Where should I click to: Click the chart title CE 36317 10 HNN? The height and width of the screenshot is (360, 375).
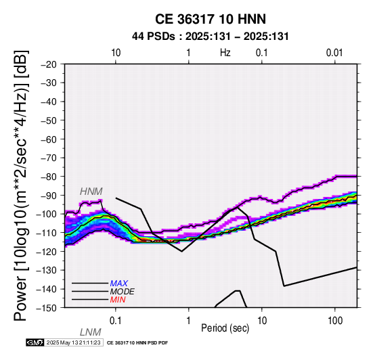pyautogui.click(x=211, y=19)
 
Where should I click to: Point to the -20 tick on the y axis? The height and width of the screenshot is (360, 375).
pyautogui.click(x=49, y=64)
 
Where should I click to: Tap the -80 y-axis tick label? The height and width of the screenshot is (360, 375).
pyautogui.click(x=49, y=177)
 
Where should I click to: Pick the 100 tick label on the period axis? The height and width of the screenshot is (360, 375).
pyautogui.click(x=335, y=321)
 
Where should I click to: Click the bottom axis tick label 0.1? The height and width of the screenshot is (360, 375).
pyautogui.click(x=116, y=321)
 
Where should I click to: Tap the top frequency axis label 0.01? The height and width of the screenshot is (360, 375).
pyautogui.click(x=334, y=53)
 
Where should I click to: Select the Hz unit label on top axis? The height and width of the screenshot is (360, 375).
pyautogui.click(x=225, y=53)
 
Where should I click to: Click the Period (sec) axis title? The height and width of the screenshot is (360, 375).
pyautogui.click(x=225, y=328)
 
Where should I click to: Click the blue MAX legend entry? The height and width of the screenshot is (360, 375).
pyautogui.click(x=119, y=284)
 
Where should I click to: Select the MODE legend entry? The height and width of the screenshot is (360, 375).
pyautogui.click(x=123, y=292)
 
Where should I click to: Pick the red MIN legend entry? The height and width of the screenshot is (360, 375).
pyautogui.click(x=118, y=300)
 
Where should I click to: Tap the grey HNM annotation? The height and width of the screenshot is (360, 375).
pyautogui.click(x=91, y=192)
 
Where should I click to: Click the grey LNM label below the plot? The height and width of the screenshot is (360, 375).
pyautogui.click(x=91, y=332)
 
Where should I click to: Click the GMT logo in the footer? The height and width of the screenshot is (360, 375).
pyautogui.click(x=35, y=342)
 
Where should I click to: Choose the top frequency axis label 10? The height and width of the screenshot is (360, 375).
pyautogui.click(x=116, y=53)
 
